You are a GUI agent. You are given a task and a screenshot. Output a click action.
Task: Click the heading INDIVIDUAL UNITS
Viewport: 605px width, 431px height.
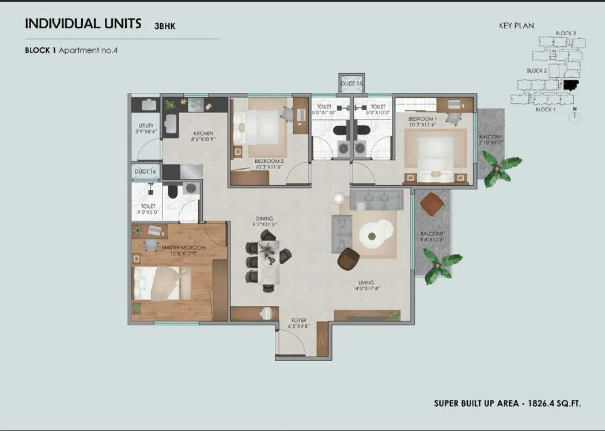(83, 24)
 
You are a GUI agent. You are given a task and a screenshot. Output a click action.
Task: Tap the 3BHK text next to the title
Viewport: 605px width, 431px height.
(167, 25)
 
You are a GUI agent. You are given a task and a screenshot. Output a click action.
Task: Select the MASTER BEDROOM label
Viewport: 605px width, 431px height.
(184, 248)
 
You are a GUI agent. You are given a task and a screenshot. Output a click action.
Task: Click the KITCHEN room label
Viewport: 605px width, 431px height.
(203, 133)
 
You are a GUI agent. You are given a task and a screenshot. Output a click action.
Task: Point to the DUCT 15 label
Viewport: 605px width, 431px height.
(351, 84)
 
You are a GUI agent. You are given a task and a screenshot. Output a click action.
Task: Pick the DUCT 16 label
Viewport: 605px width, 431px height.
(145, 171)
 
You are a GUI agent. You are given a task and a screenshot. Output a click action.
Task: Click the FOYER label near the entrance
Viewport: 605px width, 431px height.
(298, 320)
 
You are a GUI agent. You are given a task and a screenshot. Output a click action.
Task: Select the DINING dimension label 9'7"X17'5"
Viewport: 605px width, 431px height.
(267, 224)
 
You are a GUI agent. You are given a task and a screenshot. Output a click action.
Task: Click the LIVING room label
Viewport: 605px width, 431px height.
(366, 283)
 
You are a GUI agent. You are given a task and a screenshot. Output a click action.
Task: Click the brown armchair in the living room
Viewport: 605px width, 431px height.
(349, 258)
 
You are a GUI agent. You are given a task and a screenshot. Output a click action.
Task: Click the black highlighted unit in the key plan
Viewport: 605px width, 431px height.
(570, 85)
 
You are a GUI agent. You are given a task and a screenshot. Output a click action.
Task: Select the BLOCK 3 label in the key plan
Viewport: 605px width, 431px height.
(565, 33)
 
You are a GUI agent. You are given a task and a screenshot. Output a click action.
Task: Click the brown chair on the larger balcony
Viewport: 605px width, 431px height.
(432, 204)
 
